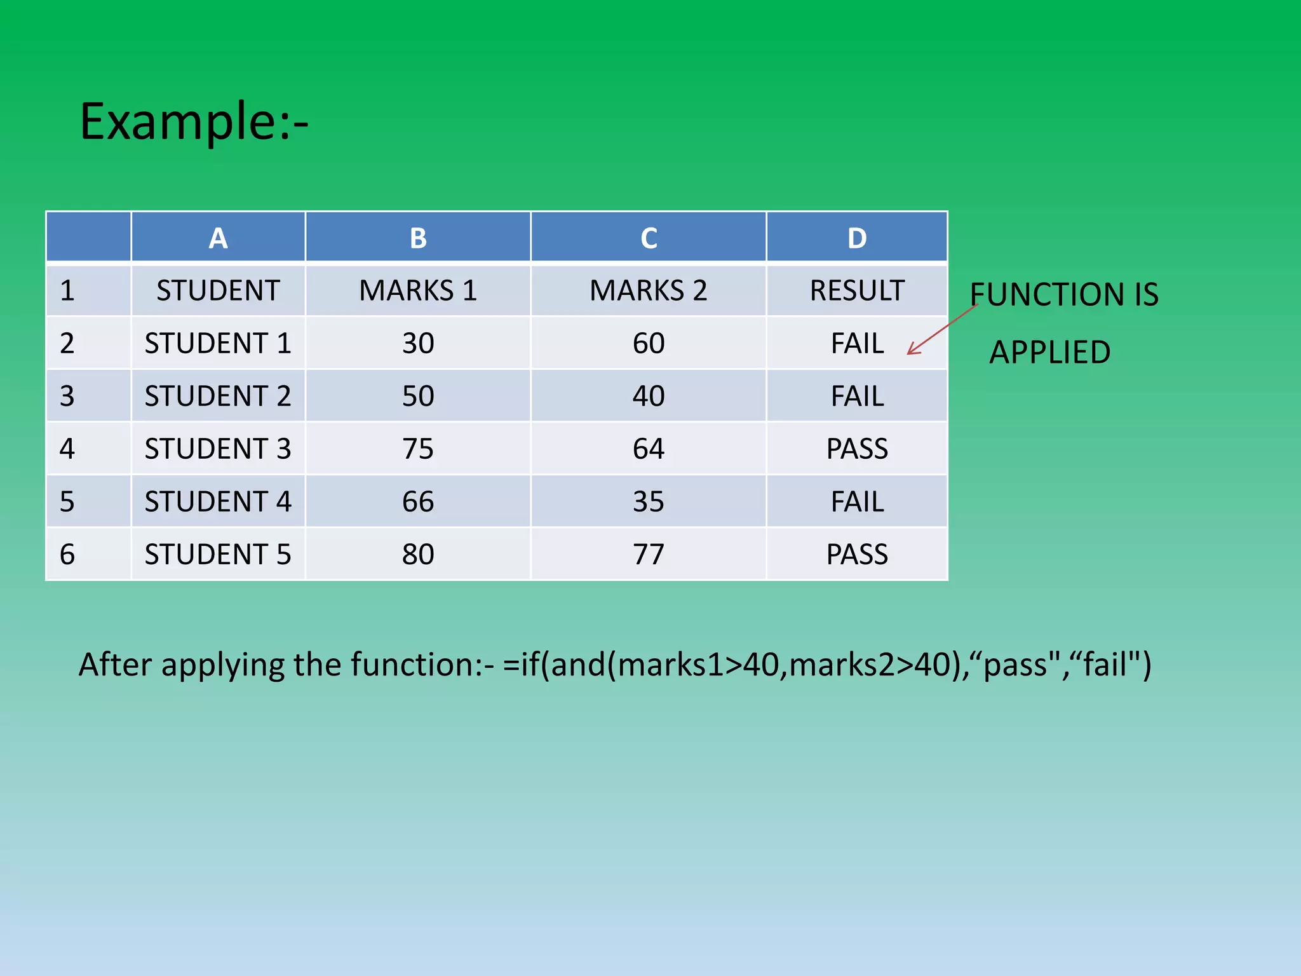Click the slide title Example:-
[194, 121]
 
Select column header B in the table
[417, 238]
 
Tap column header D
[856, 238]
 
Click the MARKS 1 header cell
[417, 290]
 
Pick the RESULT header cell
[856, 290]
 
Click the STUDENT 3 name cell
[218, 449]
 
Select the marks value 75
[417, 449]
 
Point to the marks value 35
[648, 501]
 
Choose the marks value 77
[648, 554]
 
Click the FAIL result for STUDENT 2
[856, 396]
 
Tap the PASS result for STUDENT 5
[856, 554]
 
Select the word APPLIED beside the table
[1049, 352]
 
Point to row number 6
[67, 554]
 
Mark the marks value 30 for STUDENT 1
[417, 343]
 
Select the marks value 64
[648, 449]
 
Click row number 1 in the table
[67, 290]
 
